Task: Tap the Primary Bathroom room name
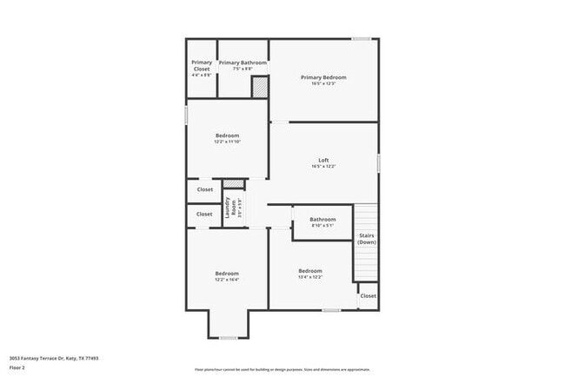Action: (x=243, y=63)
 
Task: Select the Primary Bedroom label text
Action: (x=324, y=77)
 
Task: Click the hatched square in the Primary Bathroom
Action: (x=259, y=87)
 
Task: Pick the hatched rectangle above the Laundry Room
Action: (x=233, y=184)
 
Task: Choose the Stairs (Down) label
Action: (x=367, y=239)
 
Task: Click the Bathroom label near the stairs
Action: (x=322, y=219)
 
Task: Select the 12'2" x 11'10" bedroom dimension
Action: (x=227, y=142)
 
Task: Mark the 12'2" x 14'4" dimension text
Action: (x=227, y=279)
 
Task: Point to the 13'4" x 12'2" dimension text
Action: (x=310, y=277)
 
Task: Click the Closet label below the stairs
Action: (x=368, y=295)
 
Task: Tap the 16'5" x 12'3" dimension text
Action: (x=324, y=84)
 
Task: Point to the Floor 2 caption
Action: (x=17, y=367)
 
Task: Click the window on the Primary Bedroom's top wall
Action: (x=362, y=38)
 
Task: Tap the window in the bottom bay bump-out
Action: (x=228, y=338)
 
